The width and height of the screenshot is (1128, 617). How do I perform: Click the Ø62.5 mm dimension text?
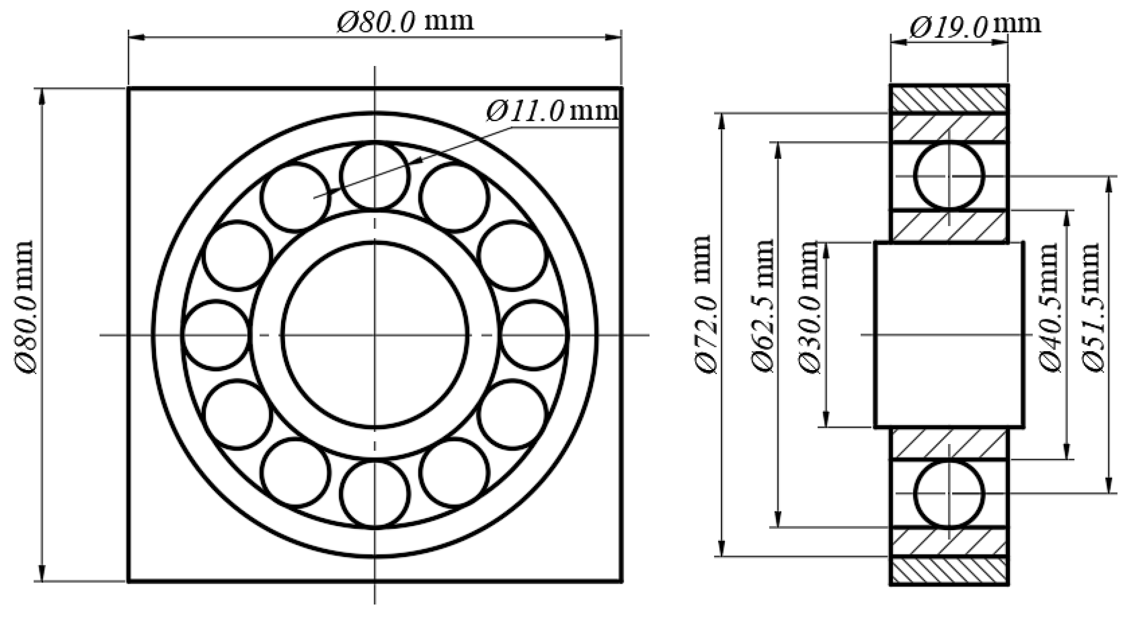763,305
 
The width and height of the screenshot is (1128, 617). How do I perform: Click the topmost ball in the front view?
375,176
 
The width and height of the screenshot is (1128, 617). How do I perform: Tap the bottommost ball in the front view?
375,494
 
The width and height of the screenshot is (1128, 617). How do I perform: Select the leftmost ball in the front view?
216,335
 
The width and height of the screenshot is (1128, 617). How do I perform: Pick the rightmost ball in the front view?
534,335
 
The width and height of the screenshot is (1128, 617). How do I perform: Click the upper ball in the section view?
949,176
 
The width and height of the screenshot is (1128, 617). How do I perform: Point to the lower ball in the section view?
949,494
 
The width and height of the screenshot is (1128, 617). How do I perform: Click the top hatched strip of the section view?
949,99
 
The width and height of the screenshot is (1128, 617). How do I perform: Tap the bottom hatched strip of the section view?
949,571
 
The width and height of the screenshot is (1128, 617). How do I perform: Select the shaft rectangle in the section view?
949,335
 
